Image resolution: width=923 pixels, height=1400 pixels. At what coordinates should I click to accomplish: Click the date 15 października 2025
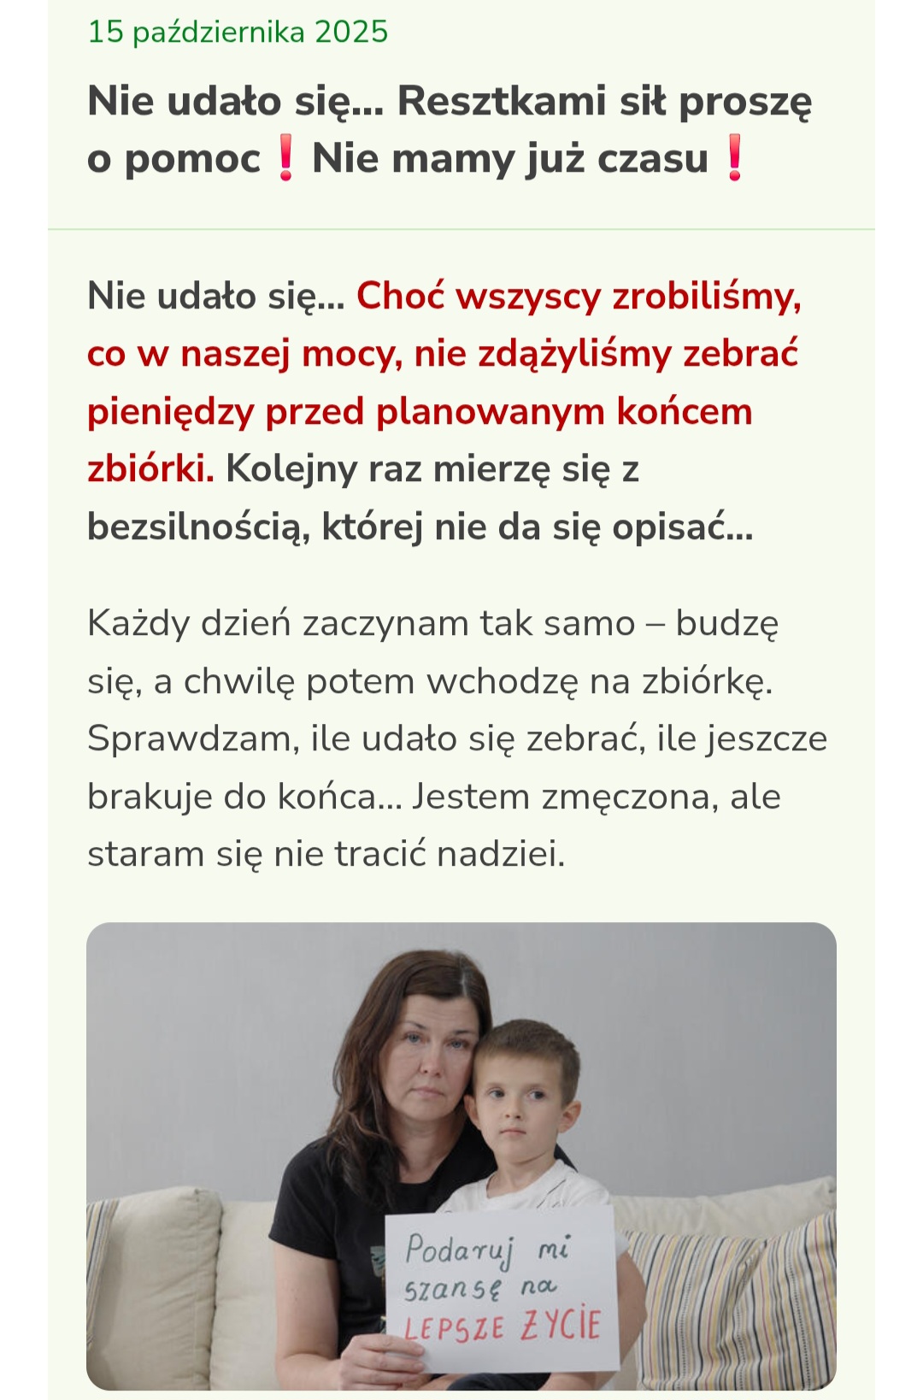[238, 32]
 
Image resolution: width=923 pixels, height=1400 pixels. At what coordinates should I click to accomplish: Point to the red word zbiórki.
[150, 469]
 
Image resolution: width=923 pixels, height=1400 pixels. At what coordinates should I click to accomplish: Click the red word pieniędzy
[171, 412]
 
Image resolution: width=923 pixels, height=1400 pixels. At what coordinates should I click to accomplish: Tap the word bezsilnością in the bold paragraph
[198, 527]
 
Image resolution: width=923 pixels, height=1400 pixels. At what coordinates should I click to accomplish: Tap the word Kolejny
[291, 469]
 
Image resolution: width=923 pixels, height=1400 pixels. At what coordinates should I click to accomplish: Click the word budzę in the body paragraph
[726, 624]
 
